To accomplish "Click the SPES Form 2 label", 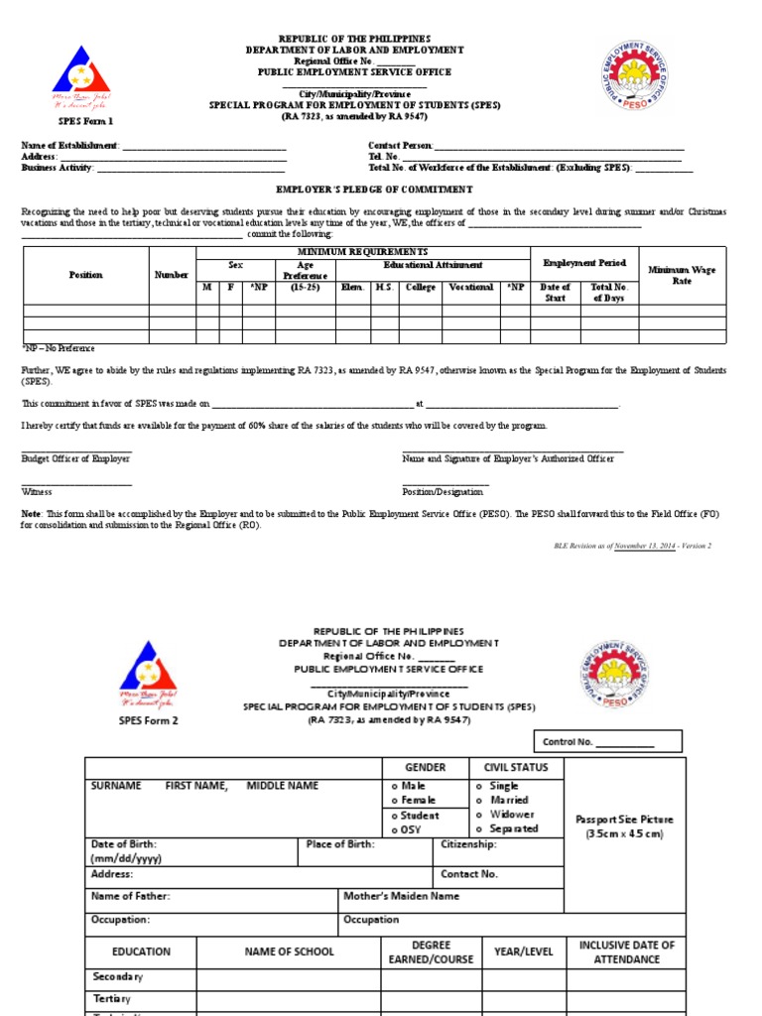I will pyautogui.click(x=149, y=720).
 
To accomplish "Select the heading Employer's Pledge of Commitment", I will pyautogui.click(x=374, y=189).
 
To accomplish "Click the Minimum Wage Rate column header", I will pyautogui.click(x=682, y=275).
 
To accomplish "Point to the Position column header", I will pyautogui.click(x=85, y=275).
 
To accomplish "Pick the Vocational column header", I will pyautogui.click(x=470, y=287).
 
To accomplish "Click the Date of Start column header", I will pyautogui.click(x=555, y=292).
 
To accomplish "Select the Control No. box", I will pyautogui.click(x=608, y=741).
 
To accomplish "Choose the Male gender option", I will pyautogui.click(x=415, y=786).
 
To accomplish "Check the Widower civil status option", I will pyautogui.click(x=511, y=814).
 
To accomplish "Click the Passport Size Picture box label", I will pyautogui.click(x=624, y=826).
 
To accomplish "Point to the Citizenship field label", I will pyautogui.click(x=468, y=844).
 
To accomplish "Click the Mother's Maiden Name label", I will pyautogui.click(x=401, y=896).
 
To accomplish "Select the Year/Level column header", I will pyautogui.click(x=524, y=952).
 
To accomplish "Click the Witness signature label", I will pyautogui.click(x=37, y=491).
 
